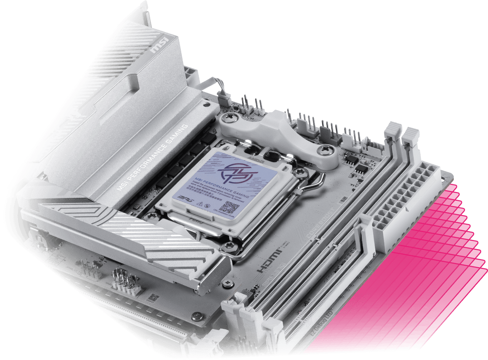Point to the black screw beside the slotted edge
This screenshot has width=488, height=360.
point(198,315)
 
